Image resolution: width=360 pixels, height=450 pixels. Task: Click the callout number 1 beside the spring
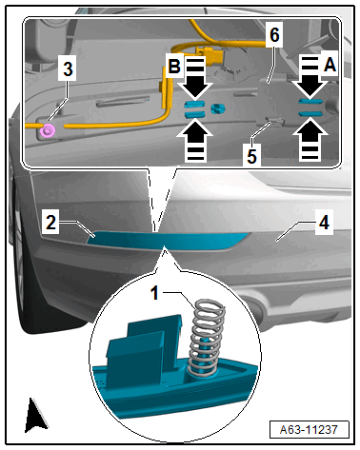(x=154, y=293)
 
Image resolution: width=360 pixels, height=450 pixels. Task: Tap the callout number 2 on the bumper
(x=50, y=223)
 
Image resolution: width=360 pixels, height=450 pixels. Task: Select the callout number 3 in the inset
(x=68, y=68)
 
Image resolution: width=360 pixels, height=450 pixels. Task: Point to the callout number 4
(x=324, y=223)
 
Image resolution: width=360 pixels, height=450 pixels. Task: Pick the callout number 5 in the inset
(x=251, y=156)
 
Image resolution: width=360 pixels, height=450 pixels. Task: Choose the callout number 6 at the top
(x=274, y=35)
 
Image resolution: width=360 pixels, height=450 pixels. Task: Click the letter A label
(x=330, y=66)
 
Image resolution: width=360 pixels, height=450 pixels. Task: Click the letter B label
(x=174, y=67)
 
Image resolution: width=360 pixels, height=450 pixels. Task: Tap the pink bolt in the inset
(x=49, y=130)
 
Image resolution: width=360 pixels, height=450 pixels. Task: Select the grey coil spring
(x=207, y=339)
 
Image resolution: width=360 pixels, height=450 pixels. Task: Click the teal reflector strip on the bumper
(x=168, y=241)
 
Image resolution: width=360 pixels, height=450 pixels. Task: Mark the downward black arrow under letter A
(x=310, y=77)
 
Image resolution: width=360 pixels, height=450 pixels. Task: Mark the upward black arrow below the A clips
(x=310, y=139)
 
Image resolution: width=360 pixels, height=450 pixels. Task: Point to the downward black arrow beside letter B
(x=195, y=77)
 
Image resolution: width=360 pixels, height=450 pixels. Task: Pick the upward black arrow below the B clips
(x=195, y=140)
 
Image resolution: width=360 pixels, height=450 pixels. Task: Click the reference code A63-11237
(x=309, y=430)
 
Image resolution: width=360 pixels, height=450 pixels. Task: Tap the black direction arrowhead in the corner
(x=35, y=416)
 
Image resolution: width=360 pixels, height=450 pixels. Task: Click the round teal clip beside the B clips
(x=218, y=108)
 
